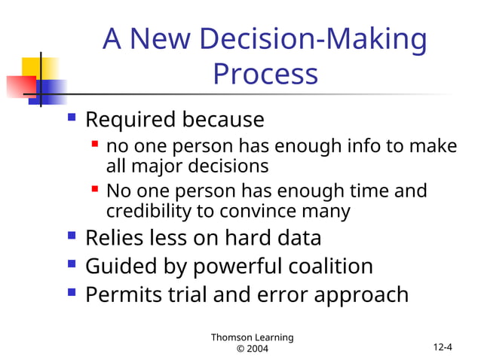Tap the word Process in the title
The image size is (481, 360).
(x=265, y=74)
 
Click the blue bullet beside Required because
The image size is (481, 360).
(x=72, y=117)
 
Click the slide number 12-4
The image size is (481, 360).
(x=443, y=347)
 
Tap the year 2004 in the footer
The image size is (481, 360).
(x=253, y=349)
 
